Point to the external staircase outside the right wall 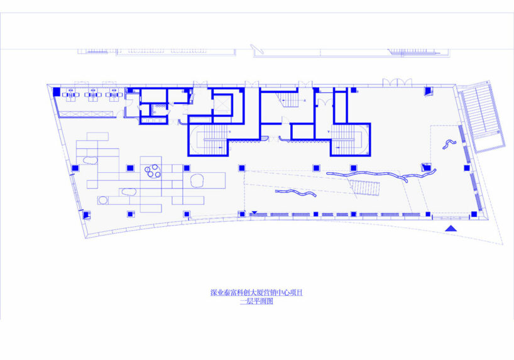pos(482,119)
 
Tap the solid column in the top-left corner pos(57,92)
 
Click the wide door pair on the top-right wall pos(398,83)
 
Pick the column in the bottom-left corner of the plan pos(84,214)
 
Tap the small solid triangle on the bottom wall pos(254,212)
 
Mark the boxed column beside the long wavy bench pos(427,168)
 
